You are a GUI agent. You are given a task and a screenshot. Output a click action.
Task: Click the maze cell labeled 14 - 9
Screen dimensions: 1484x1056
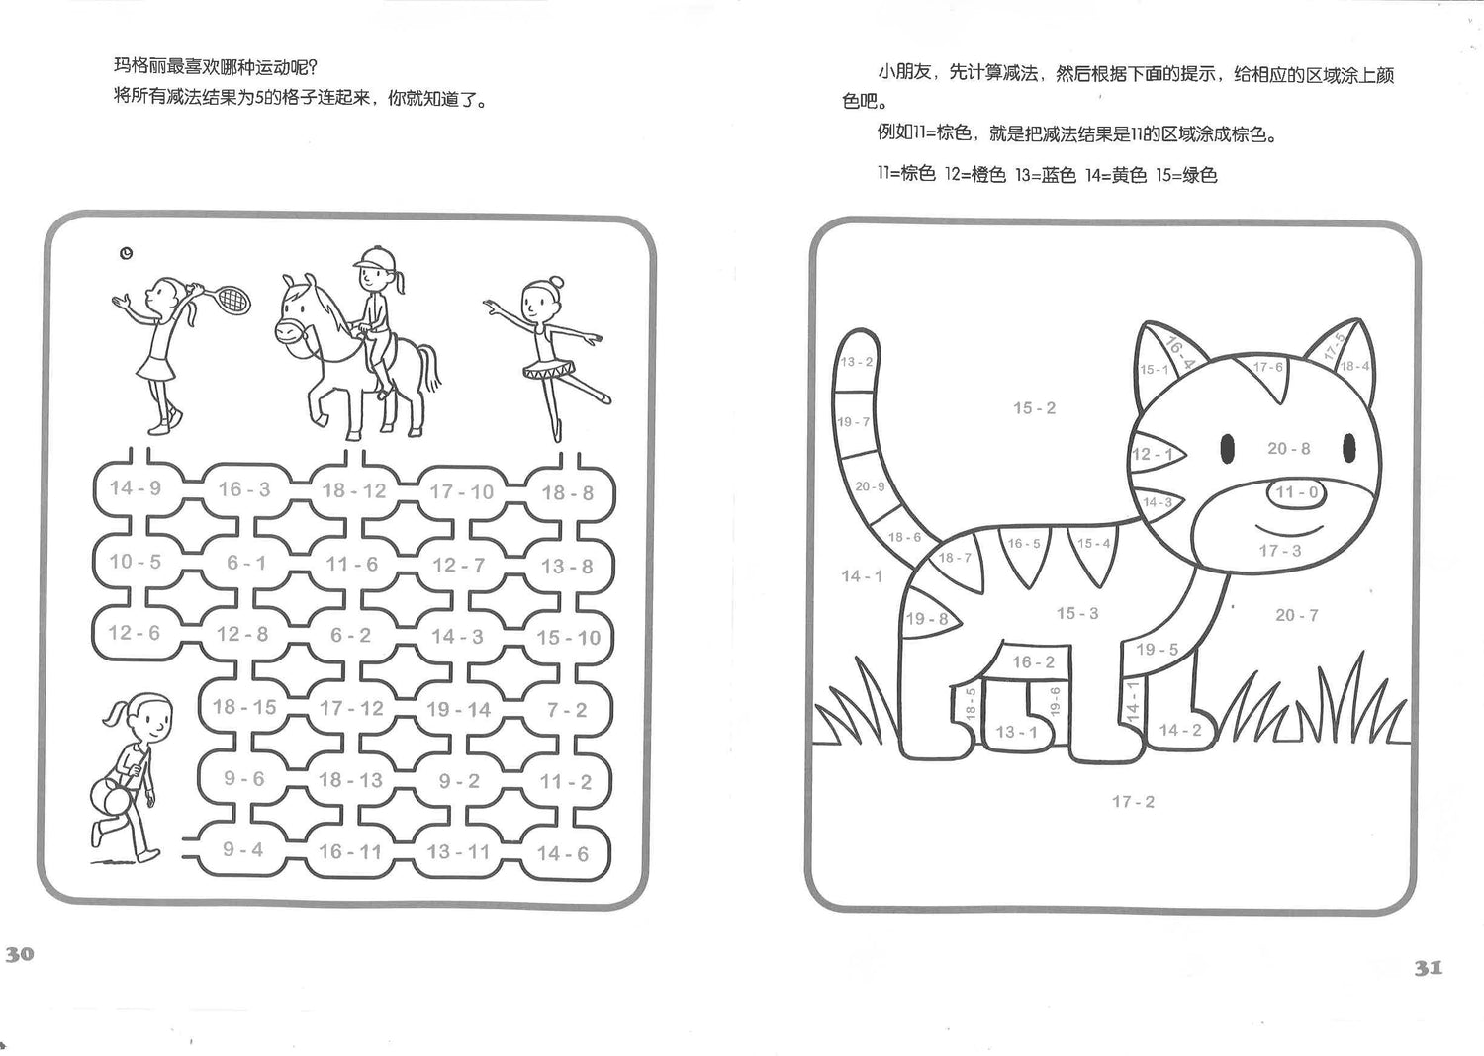pyautogui.click(x=136, y=487)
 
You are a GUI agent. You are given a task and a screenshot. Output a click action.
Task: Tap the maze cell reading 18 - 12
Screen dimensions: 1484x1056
pyautogui.click(x=354, y=490)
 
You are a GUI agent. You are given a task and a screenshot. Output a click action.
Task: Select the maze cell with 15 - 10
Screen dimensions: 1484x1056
pyautogui.click(x=569, y=638)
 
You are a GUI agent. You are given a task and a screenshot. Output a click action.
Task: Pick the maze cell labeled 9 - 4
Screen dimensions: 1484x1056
pyautogui.click(x=242, y=849)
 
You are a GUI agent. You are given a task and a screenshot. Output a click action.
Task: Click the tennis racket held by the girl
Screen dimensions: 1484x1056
pyautogui.click(x=228, y=299)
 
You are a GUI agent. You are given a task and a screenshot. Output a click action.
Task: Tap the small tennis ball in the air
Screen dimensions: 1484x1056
pyautogui.click(x=126, y=253)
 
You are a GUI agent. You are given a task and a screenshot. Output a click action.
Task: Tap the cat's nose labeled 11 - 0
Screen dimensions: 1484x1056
pyautogui.click(x=1296, y=492)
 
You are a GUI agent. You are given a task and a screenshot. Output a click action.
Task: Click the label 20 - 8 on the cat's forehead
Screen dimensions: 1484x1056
pyautogui.click(x=1288, y=449)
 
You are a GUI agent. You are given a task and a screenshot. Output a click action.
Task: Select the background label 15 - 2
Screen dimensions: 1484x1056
pyautogui.click(x=1034, y=407)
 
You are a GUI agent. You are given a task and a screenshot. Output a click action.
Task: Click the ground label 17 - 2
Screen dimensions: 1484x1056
pyautogui.click(x=1133, y=802)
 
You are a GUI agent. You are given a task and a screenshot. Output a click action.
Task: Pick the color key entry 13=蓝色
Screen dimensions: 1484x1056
pyautogui.click(x=1046, y=174)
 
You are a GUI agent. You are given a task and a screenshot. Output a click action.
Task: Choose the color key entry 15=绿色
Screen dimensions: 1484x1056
pyautogui.click(x=1187, y=175)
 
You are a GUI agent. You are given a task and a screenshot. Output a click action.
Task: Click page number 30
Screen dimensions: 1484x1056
pyautogui.click(x=19, y=954)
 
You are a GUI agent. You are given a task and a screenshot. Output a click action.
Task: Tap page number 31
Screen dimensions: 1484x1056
pyautogui.click(x=1429, y=968)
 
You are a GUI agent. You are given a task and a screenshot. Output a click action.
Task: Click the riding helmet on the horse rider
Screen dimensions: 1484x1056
pyautogui.click(x=374, y=257)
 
